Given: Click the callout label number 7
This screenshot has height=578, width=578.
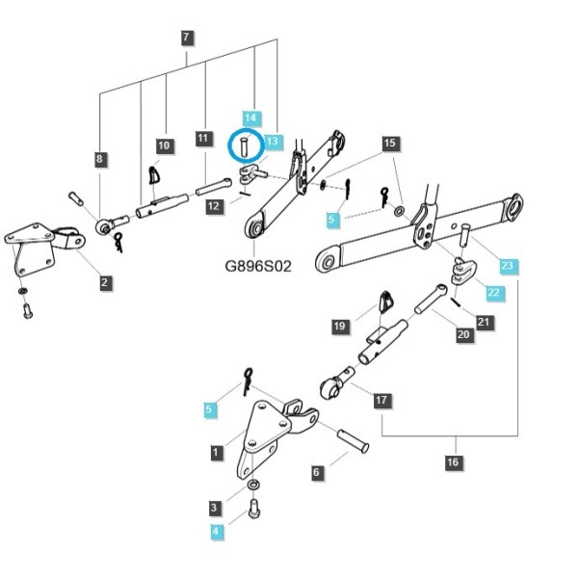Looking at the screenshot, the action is pyautogui.click(x=187, y=37).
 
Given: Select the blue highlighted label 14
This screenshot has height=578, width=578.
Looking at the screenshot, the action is pyautogui.click(x=251, y=118).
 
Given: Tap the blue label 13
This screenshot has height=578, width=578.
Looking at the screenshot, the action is pyautogui.click(x=274, y=142).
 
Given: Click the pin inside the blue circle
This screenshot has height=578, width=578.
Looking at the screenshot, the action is pyautogui.click(x=244, y=146).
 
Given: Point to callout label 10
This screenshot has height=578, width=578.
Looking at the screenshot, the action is pyautogui.click(x=164, y=146).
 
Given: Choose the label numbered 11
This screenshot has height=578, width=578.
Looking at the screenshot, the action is pyautogui.click(x=203, y=139).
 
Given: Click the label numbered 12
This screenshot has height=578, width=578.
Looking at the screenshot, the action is pyautogui.click(x=214, y=206).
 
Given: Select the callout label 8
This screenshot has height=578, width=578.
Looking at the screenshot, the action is pyautogui.click(x=99, y=160).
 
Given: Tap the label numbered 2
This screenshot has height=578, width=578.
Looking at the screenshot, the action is pyautogui.click(x=105, y=282).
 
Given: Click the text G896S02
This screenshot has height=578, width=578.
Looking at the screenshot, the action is pyautogui.click(x=258, y=266).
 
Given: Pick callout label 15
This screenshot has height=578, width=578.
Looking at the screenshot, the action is pyautogui.click(x=390, y=143).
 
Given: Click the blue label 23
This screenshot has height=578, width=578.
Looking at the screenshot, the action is pyautogui.click(x=509, y=266).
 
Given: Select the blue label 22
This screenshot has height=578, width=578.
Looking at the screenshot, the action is pyautogui.click(x=495, y=293).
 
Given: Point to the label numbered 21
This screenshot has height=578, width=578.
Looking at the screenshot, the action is pyautogui.click(x=484, y=323).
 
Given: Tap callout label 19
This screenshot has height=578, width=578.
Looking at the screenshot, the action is pyautogui.click(x=340, y=327).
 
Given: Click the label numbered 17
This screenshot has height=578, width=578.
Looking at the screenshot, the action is pyautogui.click(x=381, y=401).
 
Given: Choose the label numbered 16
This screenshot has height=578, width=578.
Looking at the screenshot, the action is pyautogui.click(x=454, y=462).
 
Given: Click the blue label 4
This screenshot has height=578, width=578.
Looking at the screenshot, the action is pyautogui.click(x=216, y=532).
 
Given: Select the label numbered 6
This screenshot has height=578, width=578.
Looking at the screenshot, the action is pyautogui.click(x=317, y=473).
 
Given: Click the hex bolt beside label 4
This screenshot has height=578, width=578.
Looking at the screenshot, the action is pyautogui.click(x=253, y=510).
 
